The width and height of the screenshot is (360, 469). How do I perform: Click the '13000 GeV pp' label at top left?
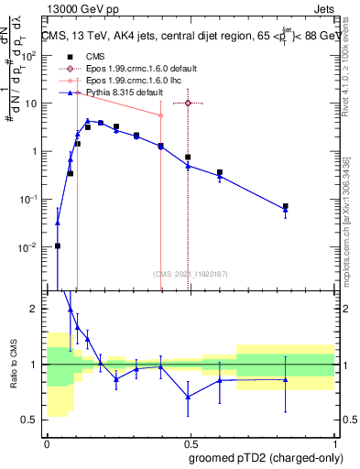point(78,8)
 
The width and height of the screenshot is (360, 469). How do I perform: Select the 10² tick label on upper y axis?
point(30,55)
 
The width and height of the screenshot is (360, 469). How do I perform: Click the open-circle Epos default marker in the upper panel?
point(188,103)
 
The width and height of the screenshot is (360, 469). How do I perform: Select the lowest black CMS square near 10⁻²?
point(58,245)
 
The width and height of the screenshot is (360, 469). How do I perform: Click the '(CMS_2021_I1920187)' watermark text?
point(189,273)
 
